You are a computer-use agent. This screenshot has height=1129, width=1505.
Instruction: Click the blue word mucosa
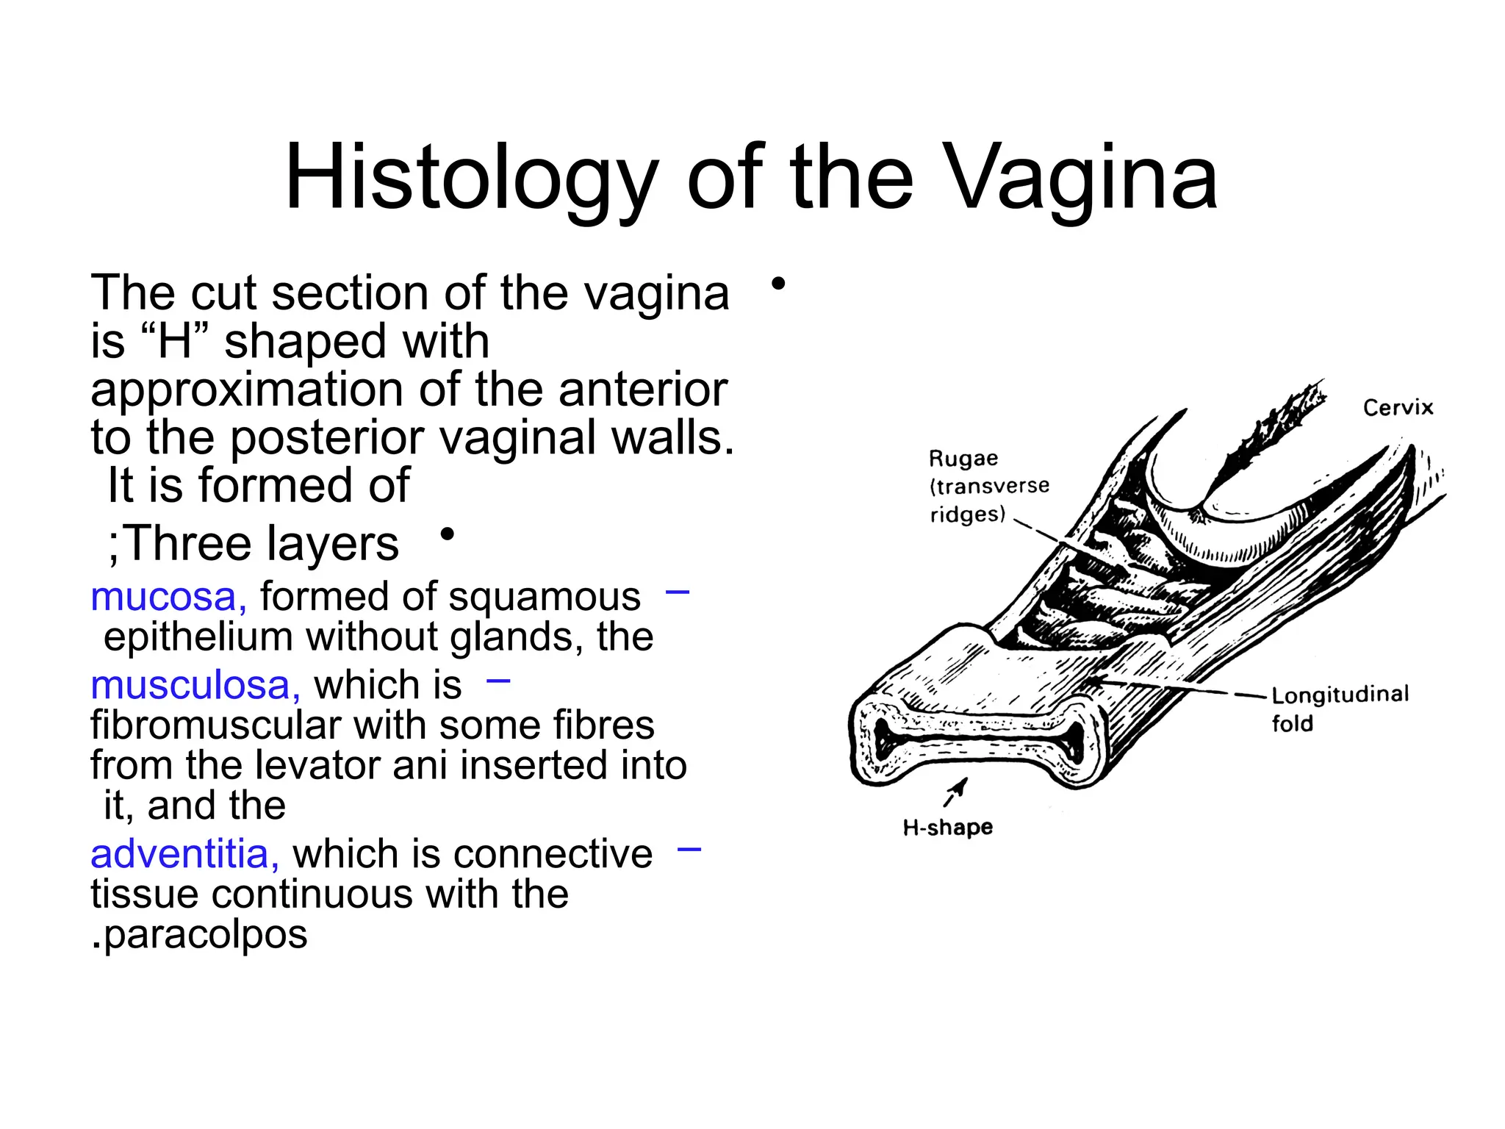[168, 596]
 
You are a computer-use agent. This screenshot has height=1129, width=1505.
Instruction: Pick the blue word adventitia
[184, 854]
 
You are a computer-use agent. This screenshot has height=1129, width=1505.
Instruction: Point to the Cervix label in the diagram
[1398, 407]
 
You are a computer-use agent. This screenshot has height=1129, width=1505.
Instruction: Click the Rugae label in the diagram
[963, 459]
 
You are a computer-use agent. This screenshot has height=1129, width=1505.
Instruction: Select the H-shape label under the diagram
[948, 828]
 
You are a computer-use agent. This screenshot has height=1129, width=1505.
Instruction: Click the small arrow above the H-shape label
[955, 792]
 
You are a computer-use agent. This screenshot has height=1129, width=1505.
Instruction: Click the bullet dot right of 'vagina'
[778, 283]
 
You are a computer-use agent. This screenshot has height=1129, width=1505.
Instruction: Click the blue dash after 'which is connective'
[689, 850]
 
